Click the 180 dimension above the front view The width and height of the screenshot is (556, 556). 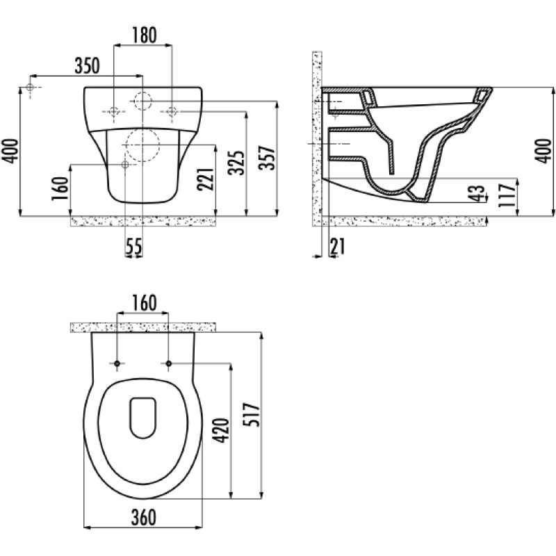point(145,35)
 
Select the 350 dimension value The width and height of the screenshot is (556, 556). point(88,65)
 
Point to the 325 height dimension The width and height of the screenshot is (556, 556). point(236,163)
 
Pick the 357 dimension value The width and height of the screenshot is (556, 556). point(267,158)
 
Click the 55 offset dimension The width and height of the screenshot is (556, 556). point(134,246)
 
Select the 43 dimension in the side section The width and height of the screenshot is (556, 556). point(478,193)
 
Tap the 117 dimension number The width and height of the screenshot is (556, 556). point(507,195)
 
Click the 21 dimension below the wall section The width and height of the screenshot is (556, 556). point(337,246)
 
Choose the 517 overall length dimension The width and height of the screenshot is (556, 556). point(252,414)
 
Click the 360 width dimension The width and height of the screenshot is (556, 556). point(144,517)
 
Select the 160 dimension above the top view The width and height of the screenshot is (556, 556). point(144,303)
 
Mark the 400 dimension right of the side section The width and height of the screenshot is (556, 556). point(543,151)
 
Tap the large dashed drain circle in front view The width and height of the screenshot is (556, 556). point(142,145)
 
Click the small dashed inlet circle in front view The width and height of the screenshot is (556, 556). point(142,101)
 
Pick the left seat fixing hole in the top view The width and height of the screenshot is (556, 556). point(117,363)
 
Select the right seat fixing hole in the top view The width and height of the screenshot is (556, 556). point(169,363)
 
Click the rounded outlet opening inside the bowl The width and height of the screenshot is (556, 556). point(143,418)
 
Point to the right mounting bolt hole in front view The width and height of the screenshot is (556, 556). point(172,111)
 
